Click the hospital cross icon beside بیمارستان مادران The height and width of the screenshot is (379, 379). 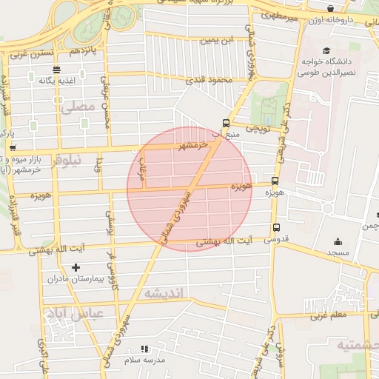76,267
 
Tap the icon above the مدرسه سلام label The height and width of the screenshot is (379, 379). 144,348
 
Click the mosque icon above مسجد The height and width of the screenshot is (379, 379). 338,241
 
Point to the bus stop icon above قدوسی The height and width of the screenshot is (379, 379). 276,228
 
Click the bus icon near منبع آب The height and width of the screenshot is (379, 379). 226,124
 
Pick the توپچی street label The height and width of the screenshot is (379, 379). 255,129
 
